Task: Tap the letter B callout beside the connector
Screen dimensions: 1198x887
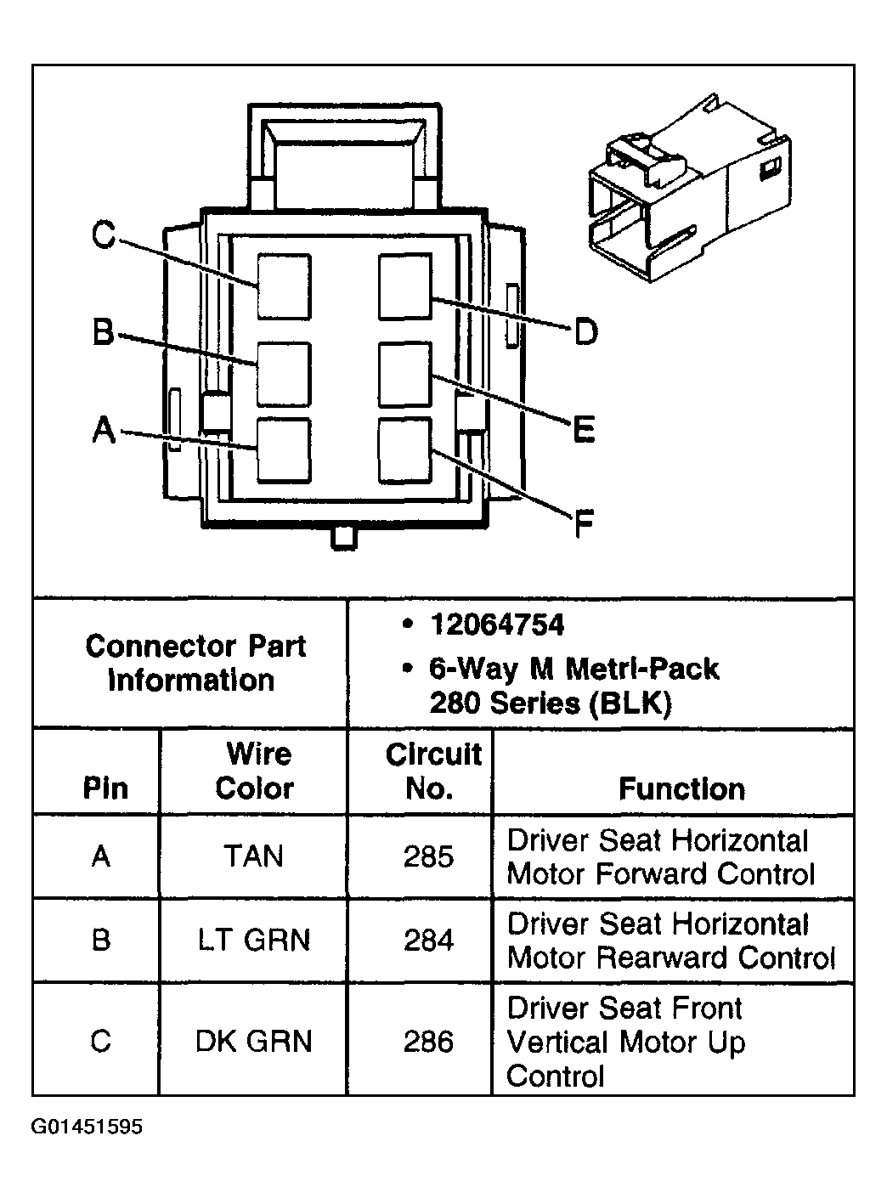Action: click(103, 332)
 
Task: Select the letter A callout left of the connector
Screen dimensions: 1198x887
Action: click(103, 430)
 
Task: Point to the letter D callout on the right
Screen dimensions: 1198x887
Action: click(585, 331)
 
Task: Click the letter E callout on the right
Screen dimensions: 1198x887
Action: click(583, 430)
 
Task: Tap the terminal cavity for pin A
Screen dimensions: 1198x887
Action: click(284, 450)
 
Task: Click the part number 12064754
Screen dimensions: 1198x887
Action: click(497, 625)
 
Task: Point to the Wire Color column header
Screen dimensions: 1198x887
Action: click(254, 771)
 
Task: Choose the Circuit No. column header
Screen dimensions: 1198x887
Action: click(432, 771)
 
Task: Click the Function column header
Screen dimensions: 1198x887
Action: click(681, 788)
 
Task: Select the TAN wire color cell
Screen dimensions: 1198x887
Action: click(254, 856)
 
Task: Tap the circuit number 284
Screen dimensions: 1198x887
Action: click(428, 941)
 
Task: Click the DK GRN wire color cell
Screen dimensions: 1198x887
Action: click(254, 1041)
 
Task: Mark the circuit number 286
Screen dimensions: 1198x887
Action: click(428, 1041)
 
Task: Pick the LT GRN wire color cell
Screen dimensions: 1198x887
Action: click(254, 941)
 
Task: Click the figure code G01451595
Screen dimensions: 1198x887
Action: click(88, 1127)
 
